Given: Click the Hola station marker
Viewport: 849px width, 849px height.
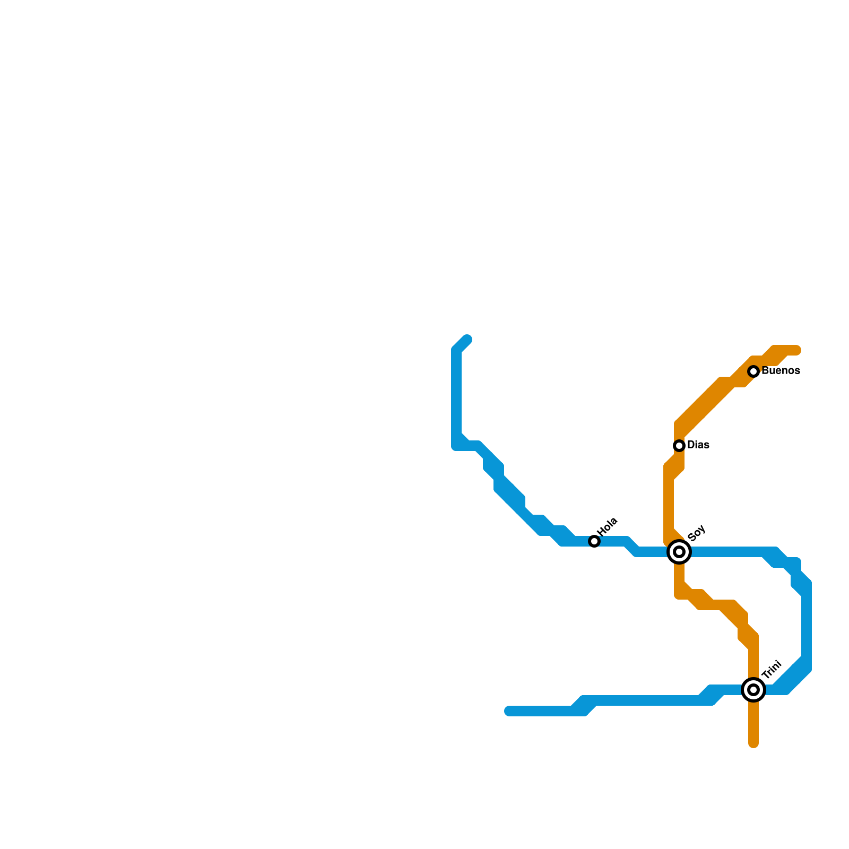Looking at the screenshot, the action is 594,541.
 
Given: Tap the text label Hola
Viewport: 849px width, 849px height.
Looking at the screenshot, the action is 608,526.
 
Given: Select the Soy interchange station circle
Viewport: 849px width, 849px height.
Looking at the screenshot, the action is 679,552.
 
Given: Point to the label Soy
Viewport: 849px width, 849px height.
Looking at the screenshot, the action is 696,533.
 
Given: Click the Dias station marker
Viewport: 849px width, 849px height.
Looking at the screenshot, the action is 679,446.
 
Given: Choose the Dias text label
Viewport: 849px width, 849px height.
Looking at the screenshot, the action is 698,445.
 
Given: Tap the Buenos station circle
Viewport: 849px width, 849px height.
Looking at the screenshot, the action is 753,371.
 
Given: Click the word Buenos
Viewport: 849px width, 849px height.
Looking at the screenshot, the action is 781,371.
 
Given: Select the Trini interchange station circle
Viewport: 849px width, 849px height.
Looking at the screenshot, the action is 753,690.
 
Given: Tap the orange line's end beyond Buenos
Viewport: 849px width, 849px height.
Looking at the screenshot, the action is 797,350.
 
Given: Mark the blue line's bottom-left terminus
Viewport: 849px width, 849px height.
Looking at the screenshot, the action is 509,711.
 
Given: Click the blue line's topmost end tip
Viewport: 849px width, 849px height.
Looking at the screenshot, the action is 467,340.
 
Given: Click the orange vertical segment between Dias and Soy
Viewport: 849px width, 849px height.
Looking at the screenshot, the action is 669,504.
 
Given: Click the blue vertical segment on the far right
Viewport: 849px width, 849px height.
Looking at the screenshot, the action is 807,626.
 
